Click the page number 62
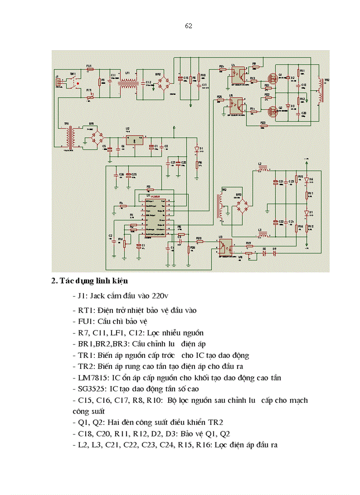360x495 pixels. pos(188,26)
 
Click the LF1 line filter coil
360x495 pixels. pos(128,83)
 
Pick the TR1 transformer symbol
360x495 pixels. pos(68,138)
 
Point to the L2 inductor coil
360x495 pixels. pos(263,169)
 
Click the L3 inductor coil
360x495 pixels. pos(263,235)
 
